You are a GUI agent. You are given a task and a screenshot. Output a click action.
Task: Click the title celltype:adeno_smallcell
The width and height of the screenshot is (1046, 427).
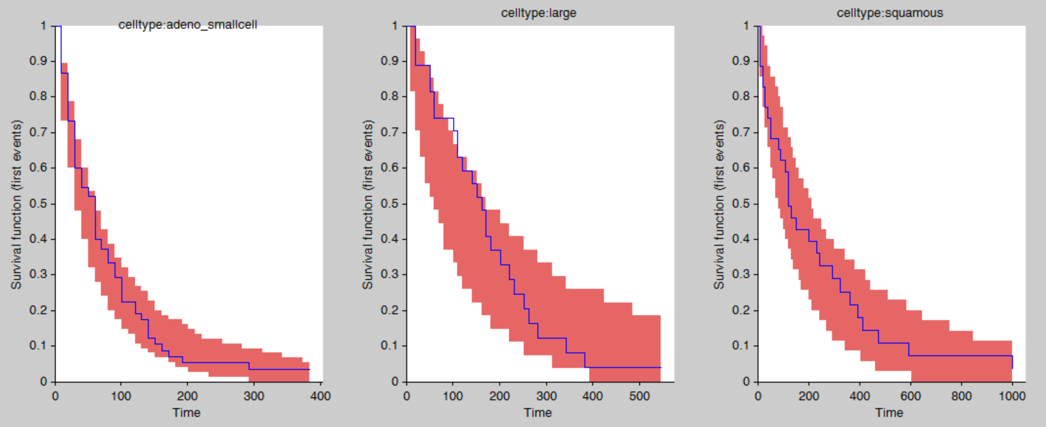[187, 25]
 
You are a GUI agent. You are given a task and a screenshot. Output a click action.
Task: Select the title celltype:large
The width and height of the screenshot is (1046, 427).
[538, 13]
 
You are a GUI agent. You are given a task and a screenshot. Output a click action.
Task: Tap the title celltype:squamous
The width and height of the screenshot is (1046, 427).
[889, 13]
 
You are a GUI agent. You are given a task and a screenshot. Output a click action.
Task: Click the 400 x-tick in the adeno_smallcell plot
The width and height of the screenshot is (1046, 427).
[320, 396]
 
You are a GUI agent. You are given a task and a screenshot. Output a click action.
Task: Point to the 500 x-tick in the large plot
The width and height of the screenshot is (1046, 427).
[639, 396]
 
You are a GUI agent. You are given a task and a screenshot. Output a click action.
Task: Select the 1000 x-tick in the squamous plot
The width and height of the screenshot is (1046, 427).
[1012, 396]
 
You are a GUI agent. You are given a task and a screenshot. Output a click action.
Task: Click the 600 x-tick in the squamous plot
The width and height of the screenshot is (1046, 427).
[910, 396]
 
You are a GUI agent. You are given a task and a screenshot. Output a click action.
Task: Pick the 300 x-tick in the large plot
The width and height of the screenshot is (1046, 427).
[546, 396]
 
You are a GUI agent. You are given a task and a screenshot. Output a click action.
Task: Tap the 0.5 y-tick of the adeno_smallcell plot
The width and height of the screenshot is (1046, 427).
[38, 203]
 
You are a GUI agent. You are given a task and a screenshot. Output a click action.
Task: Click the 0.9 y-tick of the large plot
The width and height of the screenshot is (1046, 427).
[390, 61]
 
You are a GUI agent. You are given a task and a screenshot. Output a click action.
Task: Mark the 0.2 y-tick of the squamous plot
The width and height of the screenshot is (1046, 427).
[741, 310]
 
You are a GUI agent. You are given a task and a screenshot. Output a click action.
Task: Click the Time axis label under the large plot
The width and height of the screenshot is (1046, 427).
[538, 413]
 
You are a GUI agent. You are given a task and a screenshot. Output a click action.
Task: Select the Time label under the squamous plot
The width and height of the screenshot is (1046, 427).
[889, 413]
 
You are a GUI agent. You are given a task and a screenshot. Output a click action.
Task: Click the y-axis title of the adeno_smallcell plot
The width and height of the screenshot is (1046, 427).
[16, 204]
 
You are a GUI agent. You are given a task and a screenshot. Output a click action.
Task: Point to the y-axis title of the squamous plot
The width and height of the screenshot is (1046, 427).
[718, 204]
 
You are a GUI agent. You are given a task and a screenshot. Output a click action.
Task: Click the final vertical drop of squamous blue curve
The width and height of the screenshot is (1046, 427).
[1012, 362]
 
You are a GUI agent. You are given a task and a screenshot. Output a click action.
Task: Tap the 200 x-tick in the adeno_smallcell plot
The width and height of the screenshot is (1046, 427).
[187, 396]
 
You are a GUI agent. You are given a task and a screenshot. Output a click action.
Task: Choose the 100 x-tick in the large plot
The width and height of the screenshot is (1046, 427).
[453, 396]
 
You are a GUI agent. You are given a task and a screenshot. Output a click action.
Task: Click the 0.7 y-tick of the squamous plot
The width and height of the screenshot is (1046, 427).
[741, 132]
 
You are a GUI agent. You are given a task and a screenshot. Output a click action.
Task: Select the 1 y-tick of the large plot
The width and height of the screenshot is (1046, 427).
[395, 25]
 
